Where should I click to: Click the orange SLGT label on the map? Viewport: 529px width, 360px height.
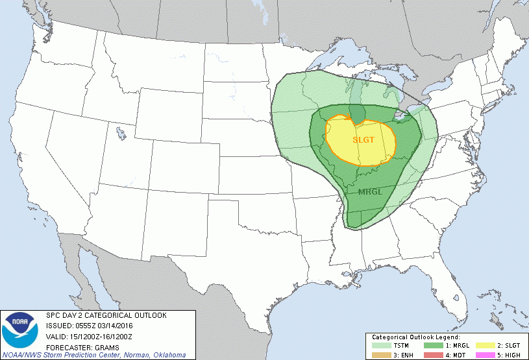tap(363, 139)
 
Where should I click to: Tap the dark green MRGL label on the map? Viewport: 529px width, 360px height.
tap(369, 192)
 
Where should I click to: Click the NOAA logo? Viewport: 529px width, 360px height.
tap(20, 329)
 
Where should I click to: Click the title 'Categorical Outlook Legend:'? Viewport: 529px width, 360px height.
tap(415, 338)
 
